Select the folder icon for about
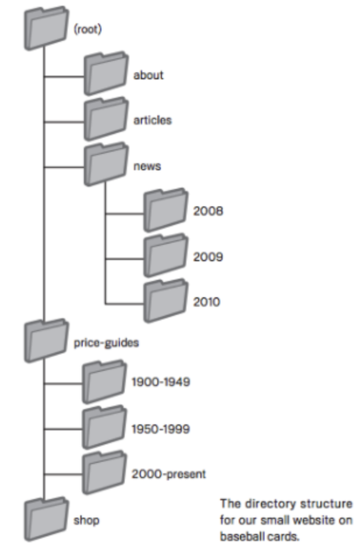[x=105, y=75]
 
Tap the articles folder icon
[x=105, y=120]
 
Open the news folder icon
[x=105, y=166]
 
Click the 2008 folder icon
[x=165, y=211]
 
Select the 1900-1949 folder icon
[x=104, y=382]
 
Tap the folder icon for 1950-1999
[x=104, y=428]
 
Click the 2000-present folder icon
[x=104, y=473]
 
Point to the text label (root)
[x=88, y=30]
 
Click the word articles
[x=153, y=121]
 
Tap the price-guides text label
[x=106, y=342]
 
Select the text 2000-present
[x=168, y=474]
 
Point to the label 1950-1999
[x=161, y=428]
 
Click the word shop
[x=86, y=520]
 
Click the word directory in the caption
[x=262, y=503]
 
